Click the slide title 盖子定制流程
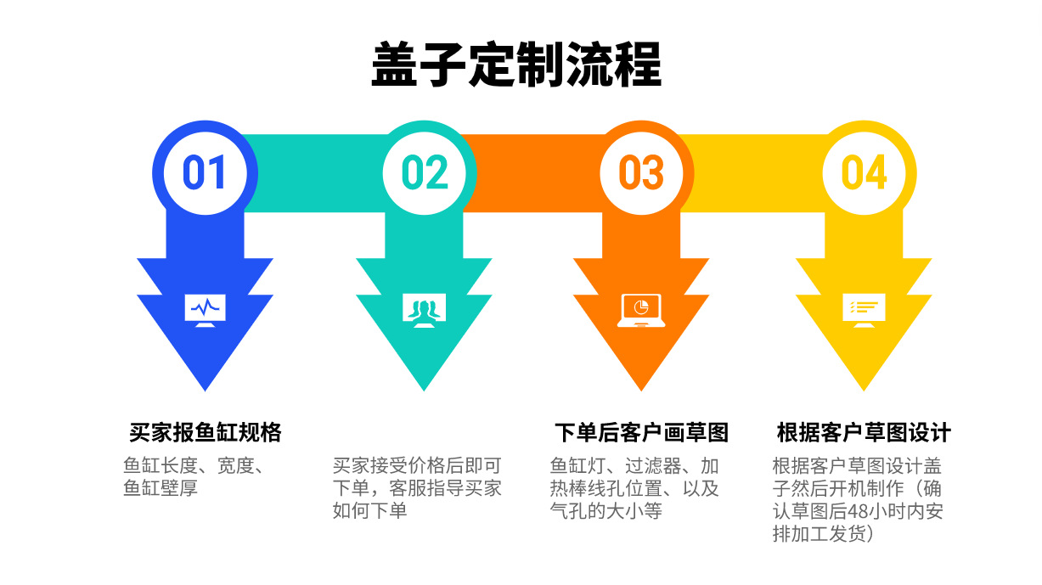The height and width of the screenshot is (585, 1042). pyautogui.click(x=516, y=65)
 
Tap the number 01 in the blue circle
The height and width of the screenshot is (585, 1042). pyautogui.click(x=205, y=172)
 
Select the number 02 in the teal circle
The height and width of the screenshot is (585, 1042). pyautogui.click(x=424, y=172)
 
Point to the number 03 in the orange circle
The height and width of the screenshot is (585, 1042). pyautogui.click(x=641, y=172)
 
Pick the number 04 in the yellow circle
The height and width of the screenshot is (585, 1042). pyautogui.click(x=864, y=172)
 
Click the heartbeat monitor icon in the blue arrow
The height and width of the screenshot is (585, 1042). pyautogui.click(x=206, y=310)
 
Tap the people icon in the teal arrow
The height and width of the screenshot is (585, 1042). pyautogui.click(x=424, y=310)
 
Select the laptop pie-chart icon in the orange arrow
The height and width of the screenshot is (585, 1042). pyautogui.click(x=641, y=310)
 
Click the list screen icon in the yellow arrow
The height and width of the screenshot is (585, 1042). pyautogui.click(x=864, y=310)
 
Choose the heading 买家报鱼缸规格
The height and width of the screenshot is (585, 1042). pyautogui.click(x=206, y=432)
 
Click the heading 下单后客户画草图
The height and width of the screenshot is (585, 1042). pyautogui.click(x=641, y=432)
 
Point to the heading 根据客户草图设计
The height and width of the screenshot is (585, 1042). pyautogui.click(x=864, y=432)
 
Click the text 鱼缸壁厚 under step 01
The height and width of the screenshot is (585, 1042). pyautogui.click(x=161, y=488)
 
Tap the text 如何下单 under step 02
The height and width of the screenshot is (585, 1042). pyautogui.click(x=369, y=510)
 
